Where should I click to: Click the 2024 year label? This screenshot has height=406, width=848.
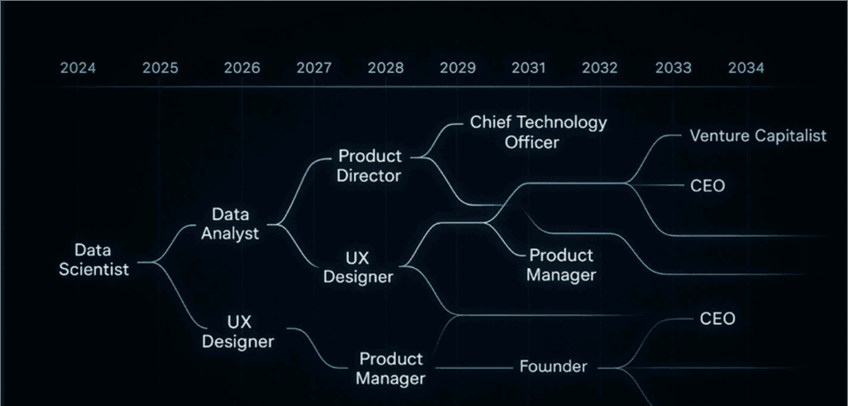coord(78,68)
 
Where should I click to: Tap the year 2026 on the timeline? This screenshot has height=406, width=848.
coord(242,68)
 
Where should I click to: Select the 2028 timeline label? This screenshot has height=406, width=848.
coord(385,68)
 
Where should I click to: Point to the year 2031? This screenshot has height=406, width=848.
coord(529,68)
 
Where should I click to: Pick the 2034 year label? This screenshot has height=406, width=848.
coord(746,68)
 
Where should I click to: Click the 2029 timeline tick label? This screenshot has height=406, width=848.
coord(457,68)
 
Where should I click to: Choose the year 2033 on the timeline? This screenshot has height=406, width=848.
coord(673,68)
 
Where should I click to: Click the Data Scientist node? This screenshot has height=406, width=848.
coord(93,259)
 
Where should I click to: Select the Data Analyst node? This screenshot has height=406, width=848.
coord(230,224)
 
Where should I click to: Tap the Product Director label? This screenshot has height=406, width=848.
coord(369,166)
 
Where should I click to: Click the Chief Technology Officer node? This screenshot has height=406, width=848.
coord(538,131)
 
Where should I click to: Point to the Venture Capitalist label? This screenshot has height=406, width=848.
coord(758,136)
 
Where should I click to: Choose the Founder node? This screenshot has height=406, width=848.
coord(553,367)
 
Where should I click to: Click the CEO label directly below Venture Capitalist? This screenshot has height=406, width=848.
coord(707,186)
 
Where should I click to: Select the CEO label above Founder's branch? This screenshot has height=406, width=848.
coord(717,319)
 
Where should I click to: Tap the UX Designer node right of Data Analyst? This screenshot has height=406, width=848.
coord(358,267)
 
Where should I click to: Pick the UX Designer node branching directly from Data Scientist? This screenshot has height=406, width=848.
coord(238,331)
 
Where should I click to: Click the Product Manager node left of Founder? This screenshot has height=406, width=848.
coord(391,368)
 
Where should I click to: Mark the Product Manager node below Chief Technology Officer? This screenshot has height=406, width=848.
coord(561,265)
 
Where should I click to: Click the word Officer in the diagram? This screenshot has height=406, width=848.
coord(538,142)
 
